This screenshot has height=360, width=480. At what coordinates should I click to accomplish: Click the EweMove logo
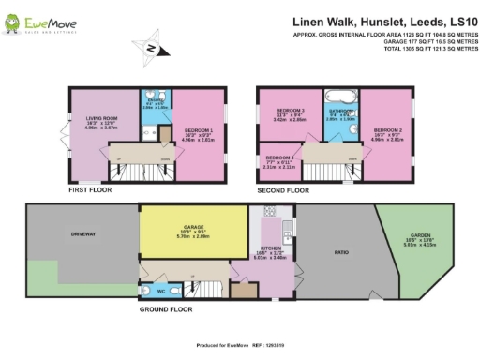tap(41, 21)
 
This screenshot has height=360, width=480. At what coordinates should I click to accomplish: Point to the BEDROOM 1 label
tap(200, 132)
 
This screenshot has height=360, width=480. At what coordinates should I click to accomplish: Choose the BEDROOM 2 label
tap(387, 132)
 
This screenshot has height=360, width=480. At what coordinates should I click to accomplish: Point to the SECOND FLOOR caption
tap(284, 189)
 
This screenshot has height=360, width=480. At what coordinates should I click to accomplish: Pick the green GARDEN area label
tap(418, 237)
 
